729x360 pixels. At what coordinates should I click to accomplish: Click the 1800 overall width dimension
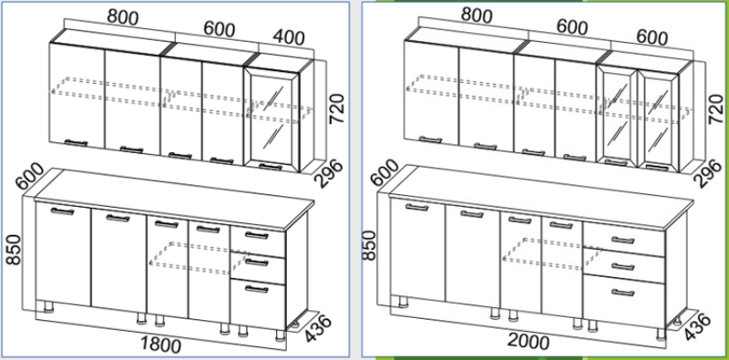[x=161, y=345]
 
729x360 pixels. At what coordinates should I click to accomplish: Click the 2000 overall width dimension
[x=528, y=342]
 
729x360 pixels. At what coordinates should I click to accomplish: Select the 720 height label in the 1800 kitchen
[x=336, y=108]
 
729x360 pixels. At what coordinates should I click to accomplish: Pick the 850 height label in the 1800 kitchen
[x=14, y=250]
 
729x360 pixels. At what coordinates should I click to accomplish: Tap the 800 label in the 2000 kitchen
[x=477, y=15]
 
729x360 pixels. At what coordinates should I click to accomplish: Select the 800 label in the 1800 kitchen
[x=123, y=16]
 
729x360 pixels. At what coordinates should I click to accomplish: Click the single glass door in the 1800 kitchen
[x=272, y=118]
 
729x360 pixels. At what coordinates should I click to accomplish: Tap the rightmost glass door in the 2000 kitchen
[x=658, y=120]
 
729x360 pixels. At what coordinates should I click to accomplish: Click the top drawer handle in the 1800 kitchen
[x=257, y=235]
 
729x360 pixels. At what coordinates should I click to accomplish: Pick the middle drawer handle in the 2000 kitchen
[x=623, y=267]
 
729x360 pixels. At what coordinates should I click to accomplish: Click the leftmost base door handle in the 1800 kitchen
[x=62, y=211]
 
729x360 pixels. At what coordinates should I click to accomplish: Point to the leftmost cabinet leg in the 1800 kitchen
[x=48, y=307]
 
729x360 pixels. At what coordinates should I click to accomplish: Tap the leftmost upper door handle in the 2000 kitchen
[x=430, y=139]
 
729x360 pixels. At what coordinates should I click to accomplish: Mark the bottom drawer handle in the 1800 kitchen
[x=257, y=289]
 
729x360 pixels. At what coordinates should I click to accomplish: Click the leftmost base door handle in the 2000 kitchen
[x=416, y=208]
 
